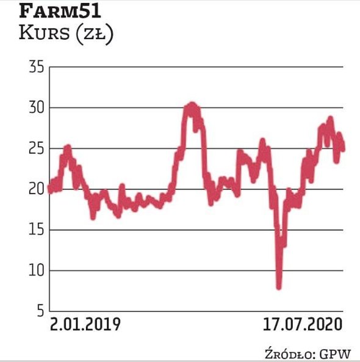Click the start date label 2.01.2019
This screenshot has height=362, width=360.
[x=85, y=324]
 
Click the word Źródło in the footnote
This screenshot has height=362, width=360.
[x=288, y=353]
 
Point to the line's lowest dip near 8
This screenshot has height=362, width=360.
[x=279, y=286]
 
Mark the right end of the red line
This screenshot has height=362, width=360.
[x=342, y=147]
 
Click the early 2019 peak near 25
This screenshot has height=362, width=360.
[x=67, y=147]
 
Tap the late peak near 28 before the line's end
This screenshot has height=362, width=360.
[x=330, y=119]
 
